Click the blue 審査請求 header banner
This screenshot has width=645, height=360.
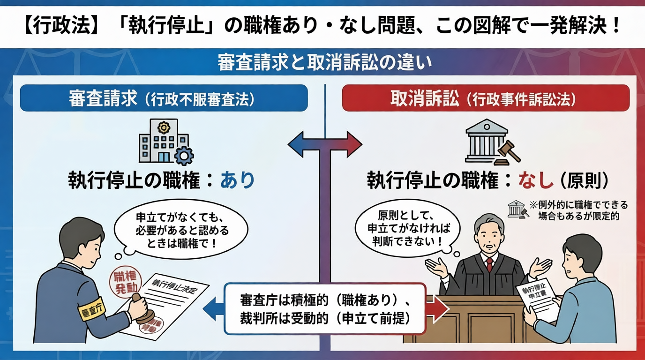click(x=164, y=98)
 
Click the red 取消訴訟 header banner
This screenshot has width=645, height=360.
click(x=485, y=98)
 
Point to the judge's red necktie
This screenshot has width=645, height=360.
click(x=489, y=264)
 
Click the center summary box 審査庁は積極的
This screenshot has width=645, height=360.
click(x=325, y=308)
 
